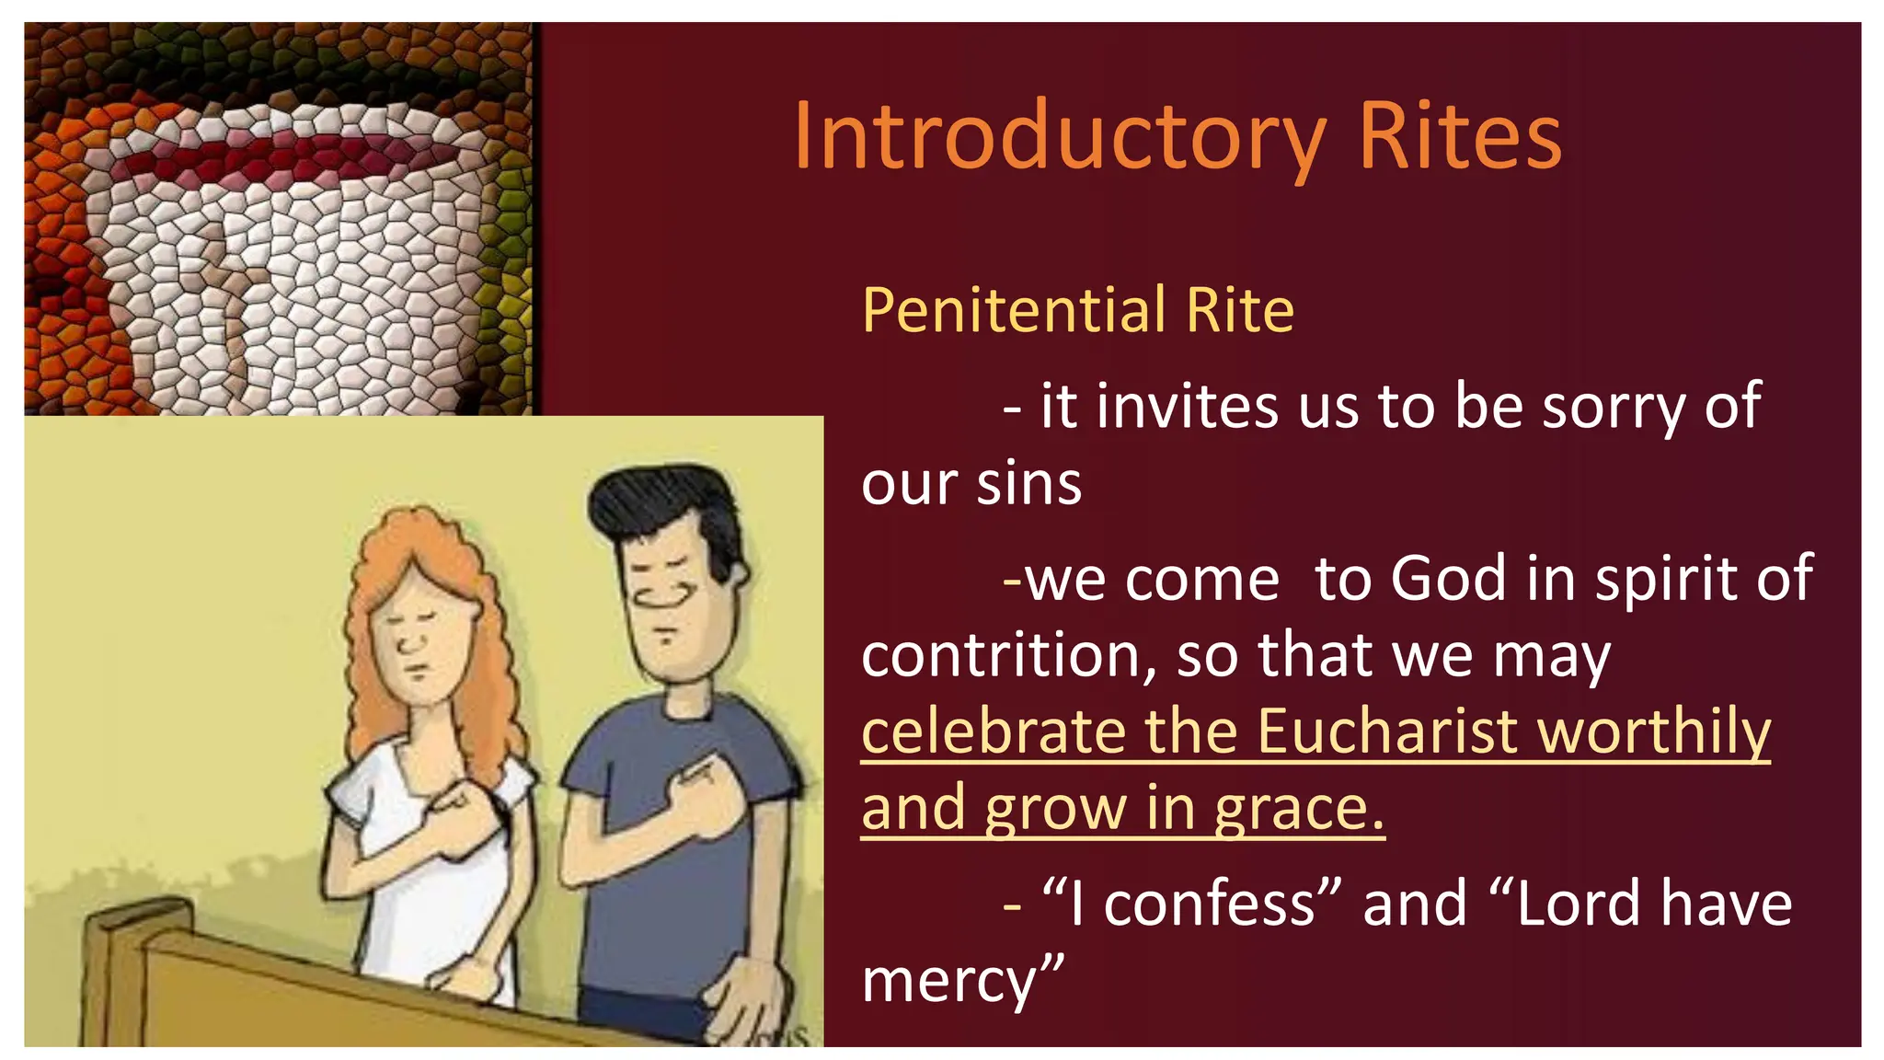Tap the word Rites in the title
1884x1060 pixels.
coord(1460,138)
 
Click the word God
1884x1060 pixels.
coord(1449,580)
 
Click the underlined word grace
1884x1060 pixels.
coord(1299,810)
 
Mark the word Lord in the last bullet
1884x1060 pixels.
coord(1578,904)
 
